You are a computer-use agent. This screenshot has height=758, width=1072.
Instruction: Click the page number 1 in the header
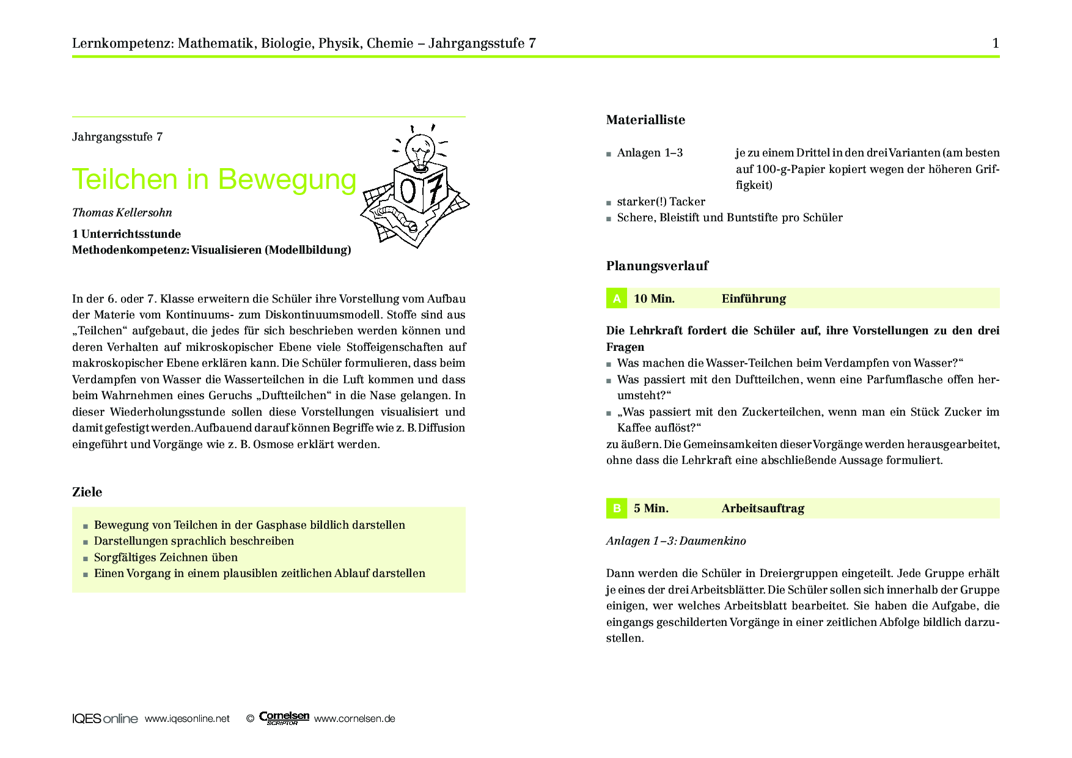[996, 43]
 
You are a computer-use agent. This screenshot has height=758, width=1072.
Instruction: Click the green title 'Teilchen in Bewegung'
[214, 180]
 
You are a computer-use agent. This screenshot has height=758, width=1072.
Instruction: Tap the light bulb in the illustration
[420, 149]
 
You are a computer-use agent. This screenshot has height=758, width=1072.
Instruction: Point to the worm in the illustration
[397, 217]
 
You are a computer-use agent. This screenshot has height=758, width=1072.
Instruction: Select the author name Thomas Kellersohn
[122, 213]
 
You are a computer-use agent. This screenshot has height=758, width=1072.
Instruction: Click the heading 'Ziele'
[87, 492]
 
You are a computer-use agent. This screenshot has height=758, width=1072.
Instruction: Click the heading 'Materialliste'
[645, 120]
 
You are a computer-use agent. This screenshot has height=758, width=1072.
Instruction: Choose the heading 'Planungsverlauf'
[657, 266]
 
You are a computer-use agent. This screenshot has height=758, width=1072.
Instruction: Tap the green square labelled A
[617, 298]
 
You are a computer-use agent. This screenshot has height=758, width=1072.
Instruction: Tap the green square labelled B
[617, 508]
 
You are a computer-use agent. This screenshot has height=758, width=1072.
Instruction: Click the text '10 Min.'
[654, 299]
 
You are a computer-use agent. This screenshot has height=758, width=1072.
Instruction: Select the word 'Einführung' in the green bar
[754, 299]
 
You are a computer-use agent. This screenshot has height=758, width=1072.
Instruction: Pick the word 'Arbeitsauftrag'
[763, 509]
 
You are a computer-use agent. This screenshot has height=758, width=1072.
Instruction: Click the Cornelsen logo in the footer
[284, 718]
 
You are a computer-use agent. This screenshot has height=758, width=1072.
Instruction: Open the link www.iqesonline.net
[187, 719]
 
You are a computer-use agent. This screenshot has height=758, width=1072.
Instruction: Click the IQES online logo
[105, 719]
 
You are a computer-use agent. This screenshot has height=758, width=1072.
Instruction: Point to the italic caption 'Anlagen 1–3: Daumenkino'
[676, 541]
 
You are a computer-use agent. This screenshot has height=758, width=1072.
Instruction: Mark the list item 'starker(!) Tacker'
[661, 202]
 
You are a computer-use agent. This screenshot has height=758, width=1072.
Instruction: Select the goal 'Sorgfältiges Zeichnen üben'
[166, 557]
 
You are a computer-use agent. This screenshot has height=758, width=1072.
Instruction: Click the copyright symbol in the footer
[249, 719]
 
